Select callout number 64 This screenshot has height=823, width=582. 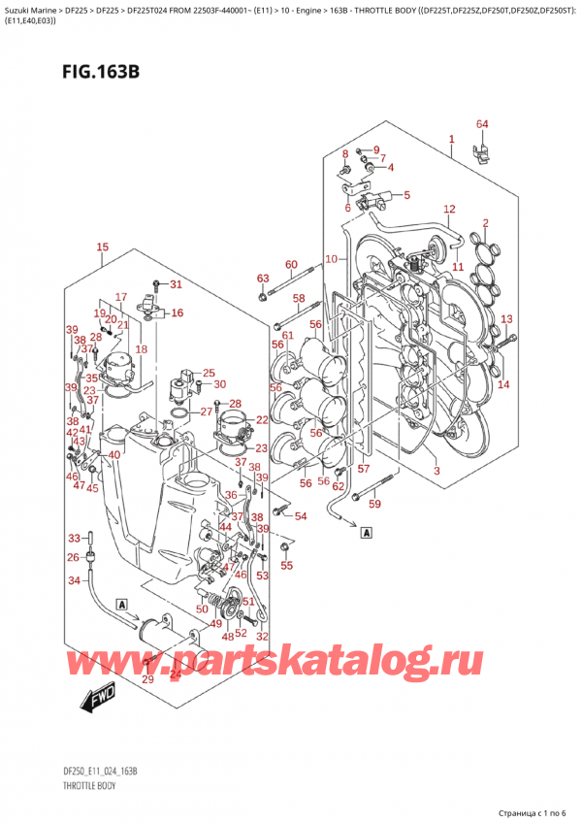482,124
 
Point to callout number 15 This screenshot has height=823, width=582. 103,248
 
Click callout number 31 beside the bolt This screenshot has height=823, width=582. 176,284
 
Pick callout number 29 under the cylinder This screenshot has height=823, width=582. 147,679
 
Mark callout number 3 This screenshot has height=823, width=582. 436,472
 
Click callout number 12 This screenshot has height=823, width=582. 448,210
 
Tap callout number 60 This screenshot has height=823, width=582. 290,265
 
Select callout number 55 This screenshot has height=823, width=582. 286,565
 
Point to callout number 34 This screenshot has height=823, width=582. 73,580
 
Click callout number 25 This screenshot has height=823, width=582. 208,374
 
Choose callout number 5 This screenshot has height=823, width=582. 406,195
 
